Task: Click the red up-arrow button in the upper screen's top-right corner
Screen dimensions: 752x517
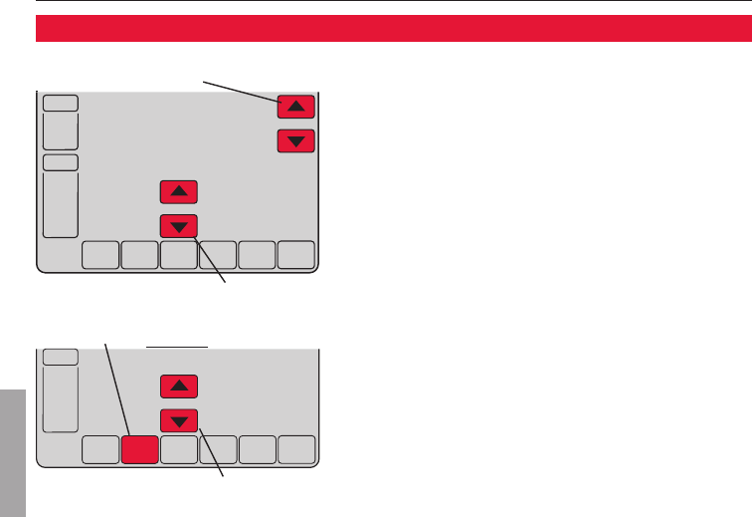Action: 295,105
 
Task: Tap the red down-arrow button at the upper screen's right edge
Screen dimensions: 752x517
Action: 295,141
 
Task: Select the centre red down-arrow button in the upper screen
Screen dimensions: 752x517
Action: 179,226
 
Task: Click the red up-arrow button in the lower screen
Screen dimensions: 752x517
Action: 179,386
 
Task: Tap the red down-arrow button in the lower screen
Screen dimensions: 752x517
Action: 179,419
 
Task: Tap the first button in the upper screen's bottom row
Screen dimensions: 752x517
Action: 99,256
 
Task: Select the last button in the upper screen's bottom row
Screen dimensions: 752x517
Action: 295,256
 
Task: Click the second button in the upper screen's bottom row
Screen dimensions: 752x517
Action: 139,256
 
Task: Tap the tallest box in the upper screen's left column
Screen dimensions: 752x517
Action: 61,206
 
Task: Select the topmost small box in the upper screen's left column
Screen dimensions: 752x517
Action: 61,102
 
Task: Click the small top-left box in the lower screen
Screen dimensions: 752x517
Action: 61,357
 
